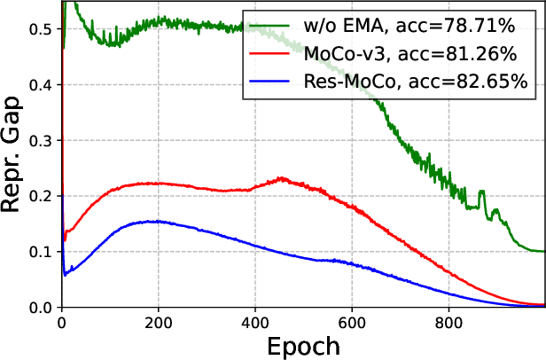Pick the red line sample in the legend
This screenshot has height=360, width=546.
tap(270, 54)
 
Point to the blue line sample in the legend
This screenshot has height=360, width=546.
tap(270, 82)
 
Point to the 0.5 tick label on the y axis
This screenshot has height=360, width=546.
tap(40, 29)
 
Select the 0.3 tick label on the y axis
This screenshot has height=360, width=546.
tap(40, 140)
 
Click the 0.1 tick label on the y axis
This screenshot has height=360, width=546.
tap(40, 252)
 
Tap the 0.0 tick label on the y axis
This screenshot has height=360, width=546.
tap(40, 307)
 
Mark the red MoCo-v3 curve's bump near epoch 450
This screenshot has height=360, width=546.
tap(282, 178)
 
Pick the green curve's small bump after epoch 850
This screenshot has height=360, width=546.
tap(482, 192)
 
